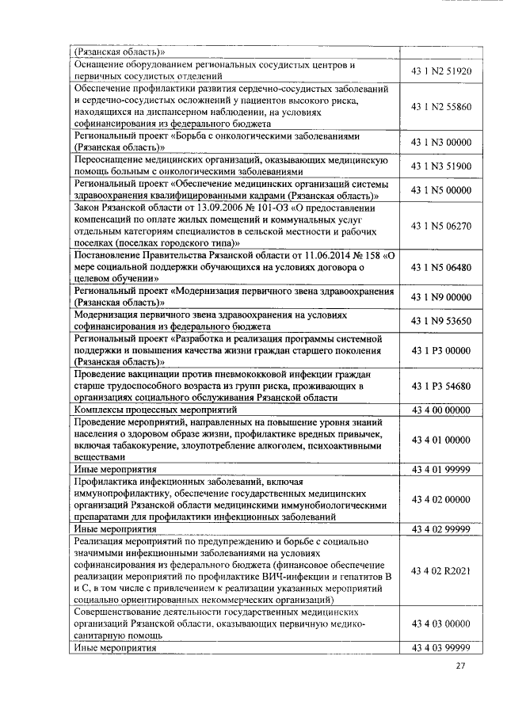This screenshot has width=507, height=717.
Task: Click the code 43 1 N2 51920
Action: click(441, 71)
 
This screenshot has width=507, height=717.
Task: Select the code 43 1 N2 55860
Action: click(441, 106)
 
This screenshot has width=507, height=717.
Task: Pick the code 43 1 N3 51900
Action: click(441, 166)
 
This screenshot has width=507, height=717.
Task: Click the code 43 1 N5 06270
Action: click(441, 226)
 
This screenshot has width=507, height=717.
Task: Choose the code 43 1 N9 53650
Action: click(441, 321)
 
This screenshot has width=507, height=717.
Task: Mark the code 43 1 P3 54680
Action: click(441, 386)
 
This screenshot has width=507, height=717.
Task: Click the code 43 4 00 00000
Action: click(441, 410)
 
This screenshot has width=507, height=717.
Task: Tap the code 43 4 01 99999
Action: click(441, 470)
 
